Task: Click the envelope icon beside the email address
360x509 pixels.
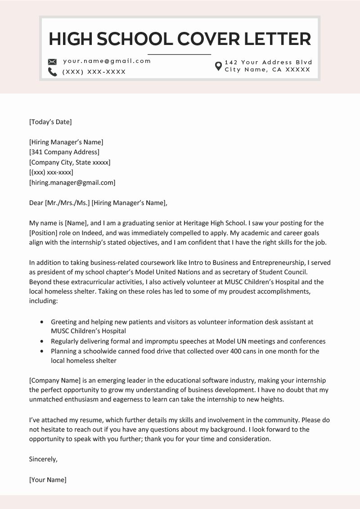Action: tap(52, 62)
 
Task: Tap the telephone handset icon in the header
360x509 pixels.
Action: tap(52, 72)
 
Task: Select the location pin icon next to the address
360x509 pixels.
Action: tap(218, 66)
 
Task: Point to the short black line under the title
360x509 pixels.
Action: tap(179, 54)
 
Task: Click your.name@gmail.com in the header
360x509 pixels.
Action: tap(107, 61)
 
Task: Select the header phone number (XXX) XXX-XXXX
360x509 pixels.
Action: tap(94, 72)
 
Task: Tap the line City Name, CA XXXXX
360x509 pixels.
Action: tap(267, 70)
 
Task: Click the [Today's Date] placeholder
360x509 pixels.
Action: tap(50, 121)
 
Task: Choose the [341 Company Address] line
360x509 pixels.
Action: tap(64, 152)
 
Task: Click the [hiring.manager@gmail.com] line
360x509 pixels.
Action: tap(72, 183)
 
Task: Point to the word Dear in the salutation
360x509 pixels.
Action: tap(36, 203)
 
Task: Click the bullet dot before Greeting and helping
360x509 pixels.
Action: tap(42, 322)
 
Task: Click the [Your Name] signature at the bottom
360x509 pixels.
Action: tap(47, 480)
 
